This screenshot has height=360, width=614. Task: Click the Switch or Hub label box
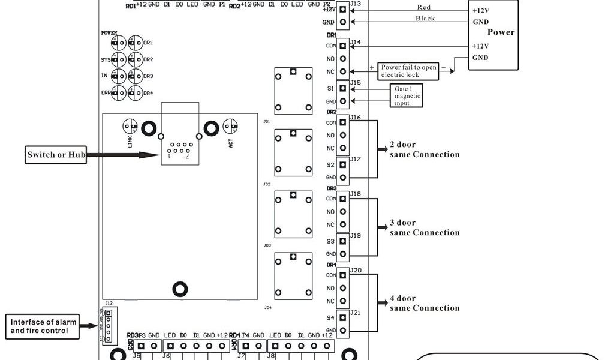tap(55, 155)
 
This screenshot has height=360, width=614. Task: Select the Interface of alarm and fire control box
tap(44, 326)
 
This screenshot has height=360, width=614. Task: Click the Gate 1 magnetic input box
tap(407, 95)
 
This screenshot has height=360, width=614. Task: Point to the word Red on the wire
tap(425, 7)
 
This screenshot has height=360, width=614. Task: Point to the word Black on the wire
tap(425, 19)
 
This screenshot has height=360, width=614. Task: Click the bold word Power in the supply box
tap(501, 32)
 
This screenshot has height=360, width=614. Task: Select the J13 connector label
tap(356, 4)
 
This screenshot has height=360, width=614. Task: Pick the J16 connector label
tap(356, 118)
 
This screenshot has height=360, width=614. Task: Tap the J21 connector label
tap(356, 313)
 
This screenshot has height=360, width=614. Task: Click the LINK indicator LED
tap(130, 126)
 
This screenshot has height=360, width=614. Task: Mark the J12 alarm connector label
tap(108, 304)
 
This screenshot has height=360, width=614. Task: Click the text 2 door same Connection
tap(425, 149)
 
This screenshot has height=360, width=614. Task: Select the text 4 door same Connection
tap(425, 303)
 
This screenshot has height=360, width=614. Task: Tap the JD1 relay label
tap(267, 121)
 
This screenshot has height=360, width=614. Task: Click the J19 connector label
tap(356, 236)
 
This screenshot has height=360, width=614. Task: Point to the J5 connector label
tap(137, 355)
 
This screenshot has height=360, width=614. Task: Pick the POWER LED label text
tap(109, 33)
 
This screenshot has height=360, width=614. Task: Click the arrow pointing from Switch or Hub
tap(114, 155)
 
